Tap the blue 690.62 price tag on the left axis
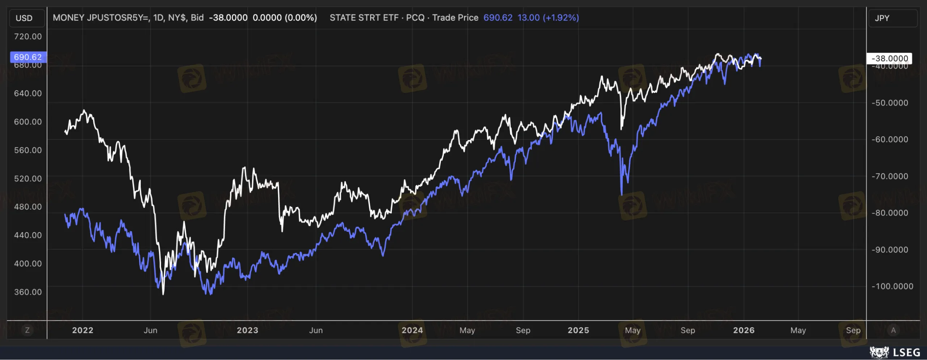pos(28,57)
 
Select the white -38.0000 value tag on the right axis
pos(889,58)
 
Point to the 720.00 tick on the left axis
pos(28,36)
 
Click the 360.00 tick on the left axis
pos(28,292)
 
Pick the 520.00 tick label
pos(28,179)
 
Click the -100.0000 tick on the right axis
pos(890,286)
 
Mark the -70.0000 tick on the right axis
pos(890,176)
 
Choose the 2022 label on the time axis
pos(83,330)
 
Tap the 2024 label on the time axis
pos(412,330)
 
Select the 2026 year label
pos(744,330)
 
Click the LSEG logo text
pos(906,352)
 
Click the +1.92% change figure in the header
pos(561,18)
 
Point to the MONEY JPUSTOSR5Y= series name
pos(101,18)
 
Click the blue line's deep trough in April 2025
pos(622,194)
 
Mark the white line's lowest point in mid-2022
pos(163,294)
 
